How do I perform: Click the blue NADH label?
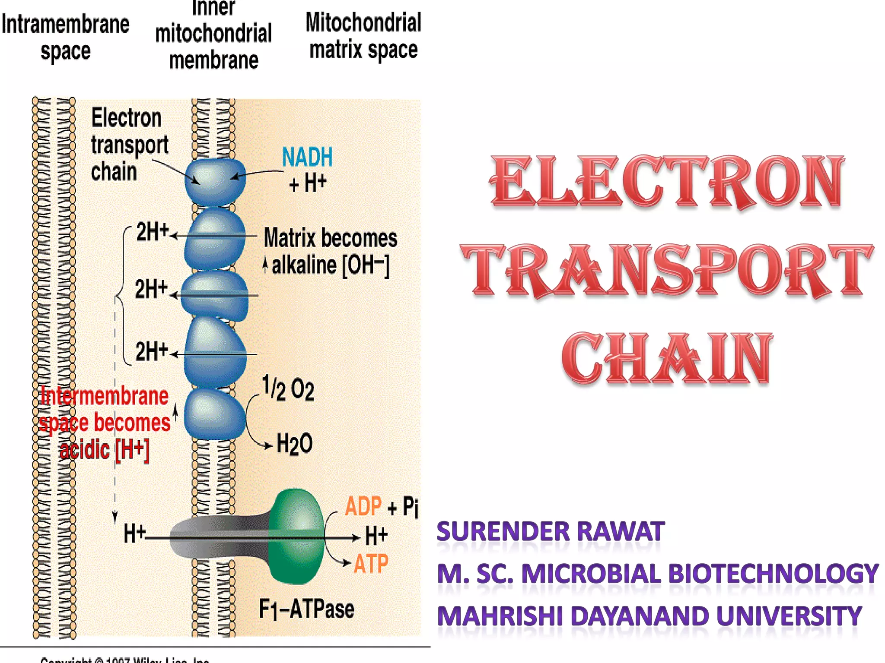coord(307,157)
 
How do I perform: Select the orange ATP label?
coord(371,564)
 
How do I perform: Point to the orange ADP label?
coord(363,506)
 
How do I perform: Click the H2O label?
coord(294,444)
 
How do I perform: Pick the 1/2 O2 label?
coord(288,389)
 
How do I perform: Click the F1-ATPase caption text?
coord(306,609)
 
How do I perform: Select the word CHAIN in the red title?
coord(667,358)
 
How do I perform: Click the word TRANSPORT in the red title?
coord(667,271)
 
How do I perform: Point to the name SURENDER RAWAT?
coord(551,531)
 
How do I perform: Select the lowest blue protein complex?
coord(215,414)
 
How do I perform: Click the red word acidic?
coord(85,450)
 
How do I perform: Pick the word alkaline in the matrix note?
coord(304,265)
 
